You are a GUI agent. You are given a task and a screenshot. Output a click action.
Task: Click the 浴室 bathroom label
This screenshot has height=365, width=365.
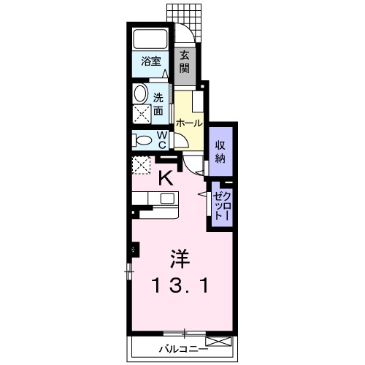(x=151, y=61)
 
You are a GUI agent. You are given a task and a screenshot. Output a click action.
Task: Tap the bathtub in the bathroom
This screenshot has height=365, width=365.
(x=150, y=39)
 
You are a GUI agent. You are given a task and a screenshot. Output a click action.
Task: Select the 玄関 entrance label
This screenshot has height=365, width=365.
(x=185, y=63)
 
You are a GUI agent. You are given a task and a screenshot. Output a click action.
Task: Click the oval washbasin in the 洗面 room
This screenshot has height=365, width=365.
(x=140, y=93)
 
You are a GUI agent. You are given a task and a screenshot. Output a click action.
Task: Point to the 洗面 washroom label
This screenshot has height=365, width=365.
(x=158, y=104)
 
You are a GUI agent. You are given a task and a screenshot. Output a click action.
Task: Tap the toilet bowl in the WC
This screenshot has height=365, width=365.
(x=142, y=140)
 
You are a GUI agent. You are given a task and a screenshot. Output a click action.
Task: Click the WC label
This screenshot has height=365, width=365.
(x=162, y=140)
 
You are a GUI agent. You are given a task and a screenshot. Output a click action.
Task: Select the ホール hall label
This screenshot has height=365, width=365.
(x=189, y=123)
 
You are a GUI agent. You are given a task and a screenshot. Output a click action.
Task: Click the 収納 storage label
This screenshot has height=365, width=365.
(x=220, y=152)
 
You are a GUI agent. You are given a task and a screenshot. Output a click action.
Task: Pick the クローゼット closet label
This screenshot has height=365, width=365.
(x=222, y=206)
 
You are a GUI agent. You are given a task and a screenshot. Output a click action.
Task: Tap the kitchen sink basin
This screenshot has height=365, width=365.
(x=167, y=199)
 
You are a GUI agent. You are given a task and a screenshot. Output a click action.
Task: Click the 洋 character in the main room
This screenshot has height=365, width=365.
(x=180, y=259)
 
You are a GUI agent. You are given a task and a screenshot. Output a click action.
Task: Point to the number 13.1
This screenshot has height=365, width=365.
(x=180, y=285)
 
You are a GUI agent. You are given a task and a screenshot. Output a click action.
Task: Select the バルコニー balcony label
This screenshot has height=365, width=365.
(x=183, y=349)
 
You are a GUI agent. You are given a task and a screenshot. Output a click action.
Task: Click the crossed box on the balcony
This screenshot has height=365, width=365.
(x=218, y=341)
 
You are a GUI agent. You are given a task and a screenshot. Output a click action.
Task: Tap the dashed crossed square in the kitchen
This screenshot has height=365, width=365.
(x=142, y=165)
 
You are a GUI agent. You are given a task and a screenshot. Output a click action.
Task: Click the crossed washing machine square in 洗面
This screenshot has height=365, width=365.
(x=142, y=115)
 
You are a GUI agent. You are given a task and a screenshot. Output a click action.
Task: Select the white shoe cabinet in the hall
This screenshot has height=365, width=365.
(x=198, y=101)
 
